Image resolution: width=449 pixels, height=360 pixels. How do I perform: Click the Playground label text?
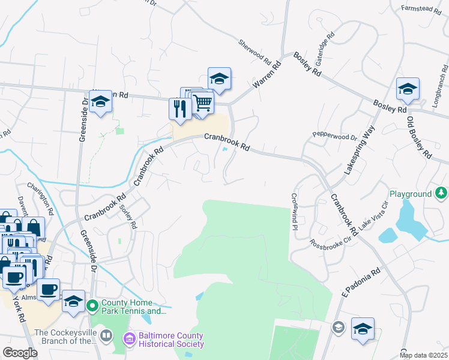click(x=411, y=194)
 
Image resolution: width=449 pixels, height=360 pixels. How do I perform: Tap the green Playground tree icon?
click(x=441, y=193)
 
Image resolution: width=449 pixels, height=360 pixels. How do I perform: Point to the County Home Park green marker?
click(x=92, y=307)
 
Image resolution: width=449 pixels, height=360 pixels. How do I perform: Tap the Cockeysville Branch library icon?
click(x=106, y=335)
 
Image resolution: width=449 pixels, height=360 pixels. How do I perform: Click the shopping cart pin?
click(x=203, y=103)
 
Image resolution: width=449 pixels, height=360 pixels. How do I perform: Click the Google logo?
click(x=20, y=352)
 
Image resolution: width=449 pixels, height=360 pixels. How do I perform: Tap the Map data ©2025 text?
click(x=424, y=355)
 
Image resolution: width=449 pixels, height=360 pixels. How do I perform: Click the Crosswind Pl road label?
click(x=295, y=212)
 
